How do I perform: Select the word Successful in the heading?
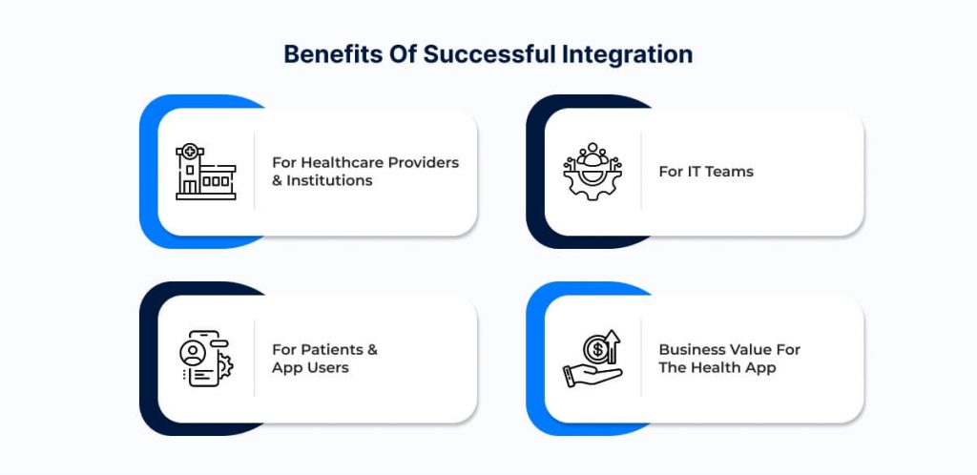pyautogui.click(x=489, y=54)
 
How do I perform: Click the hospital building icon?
pyautogui.click(x=206, y=171)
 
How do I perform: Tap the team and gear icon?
pyautogui.click(x=592, y=171)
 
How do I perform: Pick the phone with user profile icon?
pyautogui.click(x=206, y=359)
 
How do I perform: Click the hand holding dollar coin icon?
pyautogui.click(x=592, y=359)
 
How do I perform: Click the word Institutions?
pyautogui.click(x=329, y=180)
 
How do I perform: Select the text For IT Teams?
pyautogui.click(x=706, y=171)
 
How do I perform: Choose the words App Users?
pyautogui.click(x=310, y=367)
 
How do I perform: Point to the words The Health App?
pyautogui.click(x=717, y=367)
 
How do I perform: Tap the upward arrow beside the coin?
pyautogui.click(x=613, y=346)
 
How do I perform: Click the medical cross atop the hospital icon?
pyautogui.click(x=190, y=150)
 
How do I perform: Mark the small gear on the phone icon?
pyautogui.click(x=225, y=365)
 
